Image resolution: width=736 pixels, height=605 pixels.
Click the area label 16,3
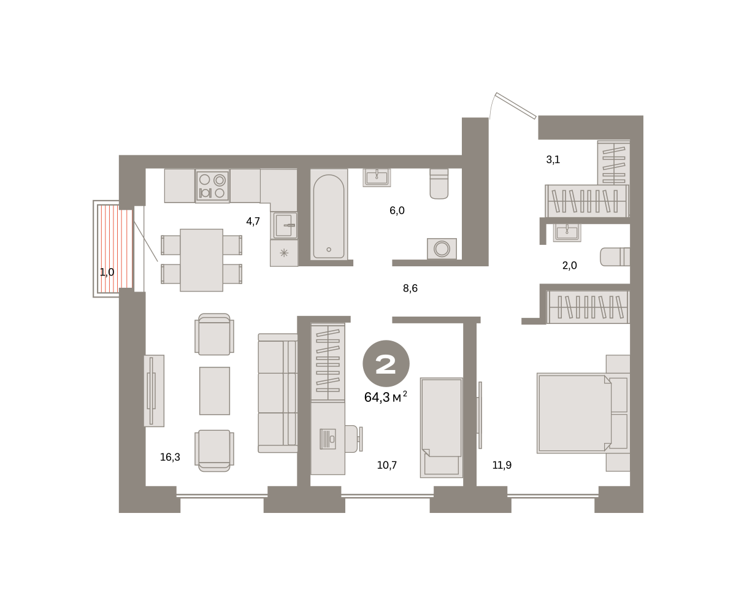point(170,457)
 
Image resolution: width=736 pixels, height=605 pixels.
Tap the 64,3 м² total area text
point(386,397)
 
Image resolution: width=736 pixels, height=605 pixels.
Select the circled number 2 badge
point(386,363)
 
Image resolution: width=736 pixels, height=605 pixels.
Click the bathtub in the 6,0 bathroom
point(329,215)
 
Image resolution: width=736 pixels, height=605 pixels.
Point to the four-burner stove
point(212,186)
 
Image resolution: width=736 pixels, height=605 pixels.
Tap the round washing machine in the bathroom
point(442,249)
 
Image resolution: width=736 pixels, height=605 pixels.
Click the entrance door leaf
point(516,106)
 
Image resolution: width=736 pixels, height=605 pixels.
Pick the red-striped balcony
point(115,249)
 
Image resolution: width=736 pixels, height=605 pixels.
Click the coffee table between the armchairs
point(215,391)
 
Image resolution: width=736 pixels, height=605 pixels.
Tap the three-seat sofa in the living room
point(278,393)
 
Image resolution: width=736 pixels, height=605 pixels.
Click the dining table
point(201,260)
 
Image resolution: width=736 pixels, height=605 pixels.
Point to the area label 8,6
point(410,288)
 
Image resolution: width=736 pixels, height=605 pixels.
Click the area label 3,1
point(553,160)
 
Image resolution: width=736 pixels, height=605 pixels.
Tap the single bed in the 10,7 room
point(442,428)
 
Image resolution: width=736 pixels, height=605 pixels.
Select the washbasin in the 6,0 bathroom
point(377,178)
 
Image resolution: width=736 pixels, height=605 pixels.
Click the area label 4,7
point(253,222)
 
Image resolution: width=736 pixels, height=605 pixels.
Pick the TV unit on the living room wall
point(154,391)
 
